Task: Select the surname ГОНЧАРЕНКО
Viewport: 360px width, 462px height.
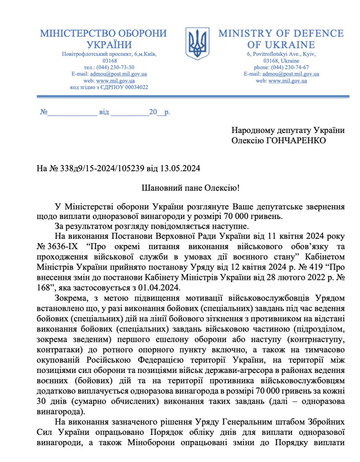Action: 294,140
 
